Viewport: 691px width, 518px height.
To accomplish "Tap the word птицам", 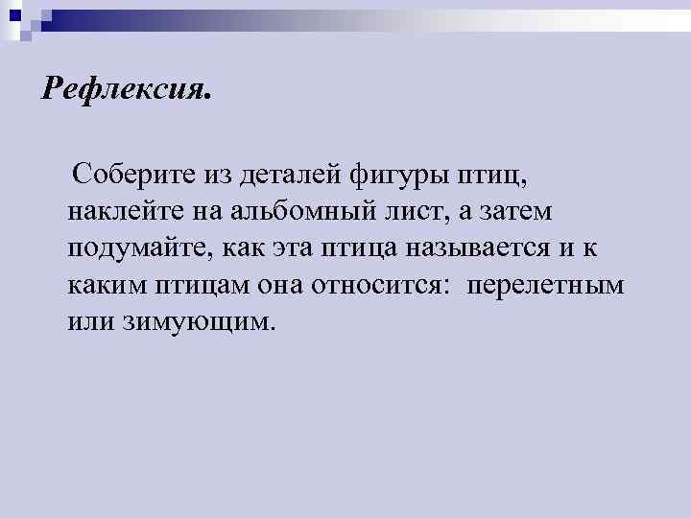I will point(200,286).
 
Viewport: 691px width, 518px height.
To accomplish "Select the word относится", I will point(378,285).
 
